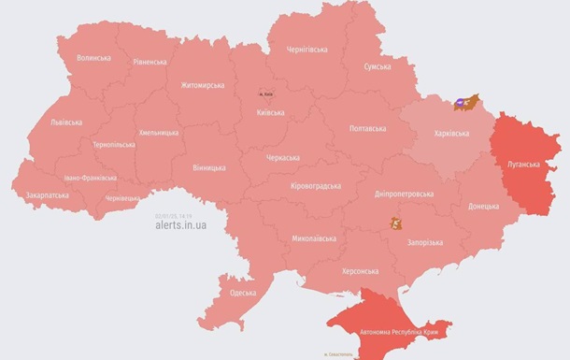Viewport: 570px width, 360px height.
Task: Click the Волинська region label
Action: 93,57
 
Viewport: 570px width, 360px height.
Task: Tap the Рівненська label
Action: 150,63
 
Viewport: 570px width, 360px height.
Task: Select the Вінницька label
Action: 207,167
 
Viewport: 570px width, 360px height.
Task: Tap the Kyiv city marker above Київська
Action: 266,94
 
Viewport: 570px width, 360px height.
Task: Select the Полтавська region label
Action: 367,129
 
